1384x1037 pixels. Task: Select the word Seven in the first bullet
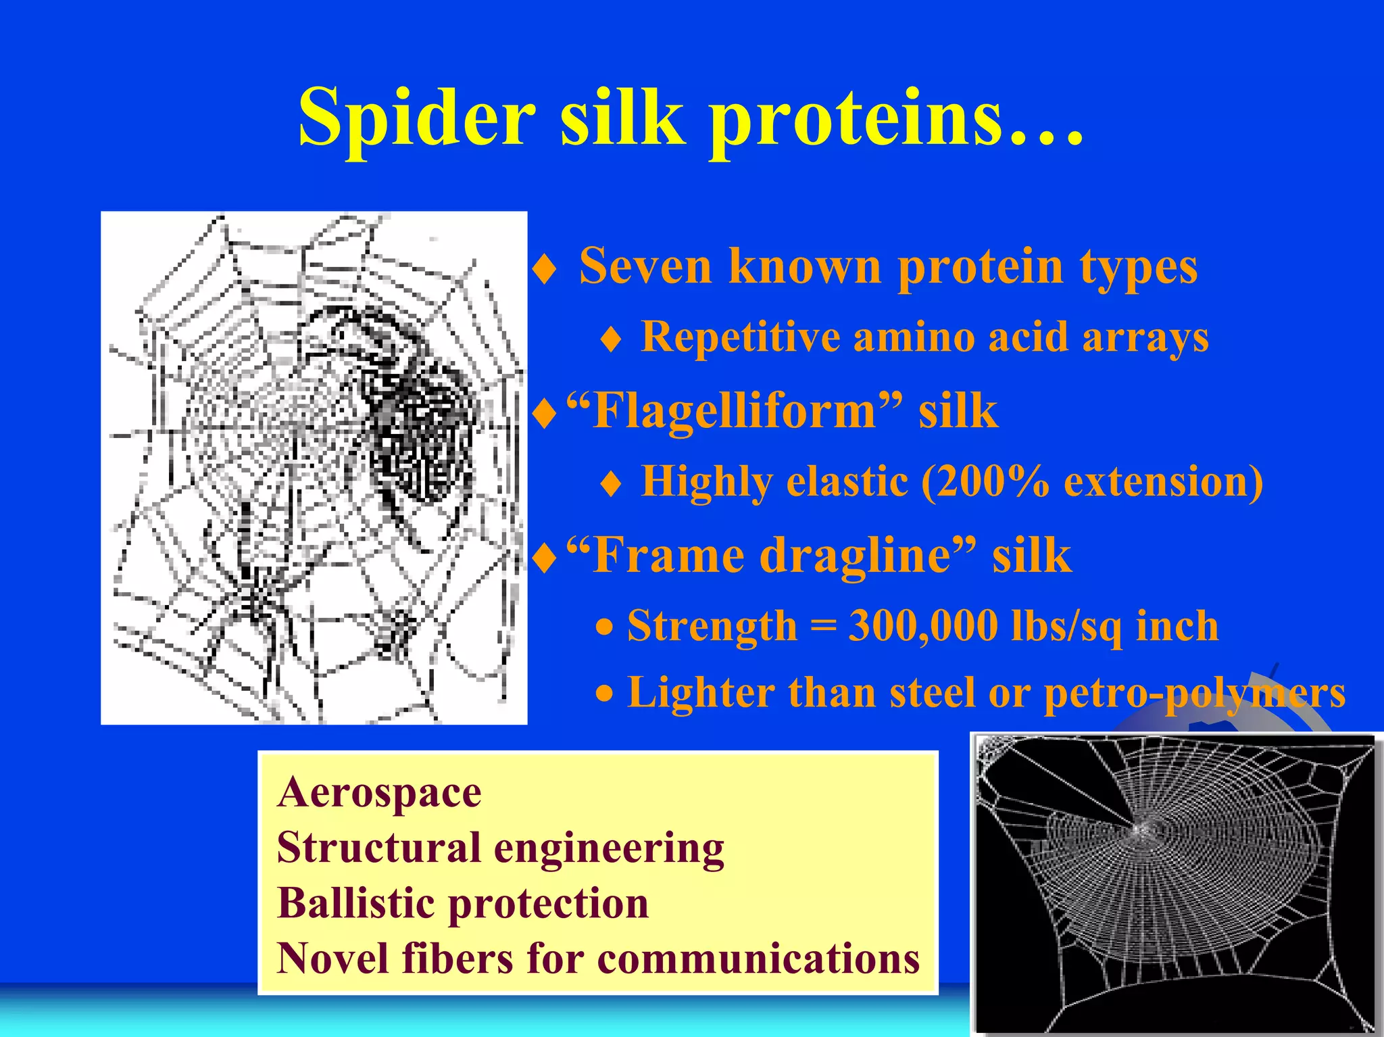645,266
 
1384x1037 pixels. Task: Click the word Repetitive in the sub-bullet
740,337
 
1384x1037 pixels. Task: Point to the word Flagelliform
733,412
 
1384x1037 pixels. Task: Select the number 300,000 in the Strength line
922,626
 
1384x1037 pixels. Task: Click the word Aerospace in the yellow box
379,792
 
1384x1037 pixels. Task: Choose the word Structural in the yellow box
379,848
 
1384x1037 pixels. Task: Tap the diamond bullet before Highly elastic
610,485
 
